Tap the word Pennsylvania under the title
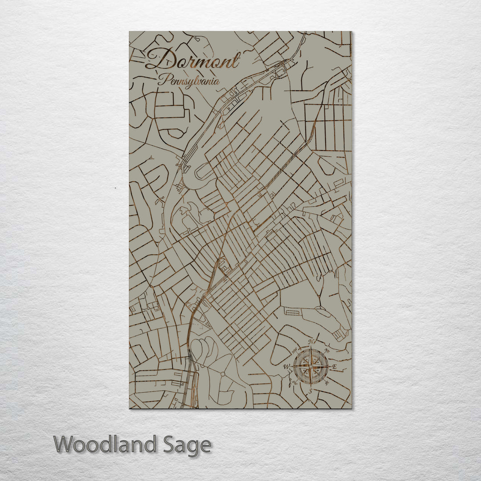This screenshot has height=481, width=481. click(189, 81)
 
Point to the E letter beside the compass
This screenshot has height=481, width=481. click(335, 367)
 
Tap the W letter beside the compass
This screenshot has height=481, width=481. click(286, 367)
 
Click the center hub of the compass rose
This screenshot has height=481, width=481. click(311, 367)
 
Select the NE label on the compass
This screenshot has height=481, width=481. click(327, 351)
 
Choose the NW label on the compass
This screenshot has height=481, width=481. click(295, 351)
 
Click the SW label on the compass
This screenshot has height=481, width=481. click(294, 383)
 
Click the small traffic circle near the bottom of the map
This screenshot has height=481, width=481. click(221, 371)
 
